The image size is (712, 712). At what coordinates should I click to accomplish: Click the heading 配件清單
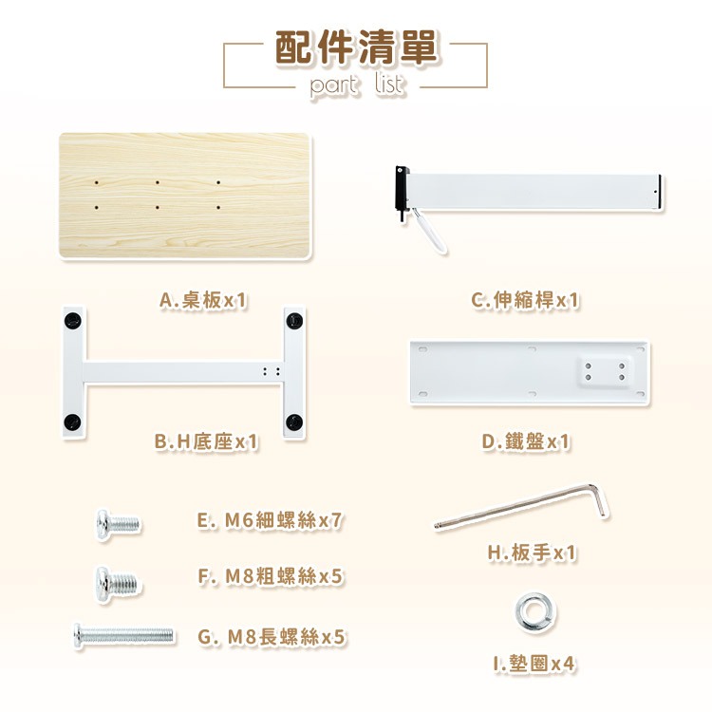[356, 47]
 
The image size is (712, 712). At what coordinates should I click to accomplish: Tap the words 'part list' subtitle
[356, 84]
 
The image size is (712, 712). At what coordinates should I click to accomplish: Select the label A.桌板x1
[203, 300]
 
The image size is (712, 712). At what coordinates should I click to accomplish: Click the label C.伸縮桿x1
[525, 300]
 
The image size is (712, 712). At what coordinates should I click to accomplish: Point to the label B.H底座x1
[206, 441]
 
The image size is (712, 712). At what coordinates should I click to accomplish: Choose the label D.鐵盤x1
[525, 441]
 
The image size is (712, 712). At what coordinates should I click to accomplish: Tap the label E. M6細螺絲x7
[270, 520]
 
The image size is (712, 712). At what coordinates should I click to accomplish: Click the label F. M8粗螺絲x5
[271, 576]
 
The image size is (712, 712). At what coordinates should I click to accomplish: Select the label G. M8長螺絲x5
[272, 637]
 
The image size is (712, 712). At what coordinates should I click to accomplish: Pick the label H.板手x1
[533, 553]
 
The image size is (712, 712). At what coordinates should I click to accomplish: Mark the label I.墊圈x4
[534, 664]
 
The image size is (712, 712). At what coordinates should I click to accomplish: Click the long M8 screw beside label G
[123, 635]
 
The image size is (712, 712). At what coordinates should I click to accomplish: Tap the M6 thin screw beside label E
[118, 524]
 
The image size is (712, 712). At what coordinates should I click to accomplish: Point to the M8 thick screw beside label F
[117, 584]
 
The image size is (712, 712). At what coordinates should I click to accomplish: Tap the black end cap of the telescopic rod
[403, 191]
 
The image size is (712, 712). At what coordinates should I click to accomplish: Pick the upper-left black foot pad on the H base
[73, 321]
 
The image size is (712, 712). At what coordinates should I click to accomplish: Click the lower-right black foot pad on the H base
[294, 422]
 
